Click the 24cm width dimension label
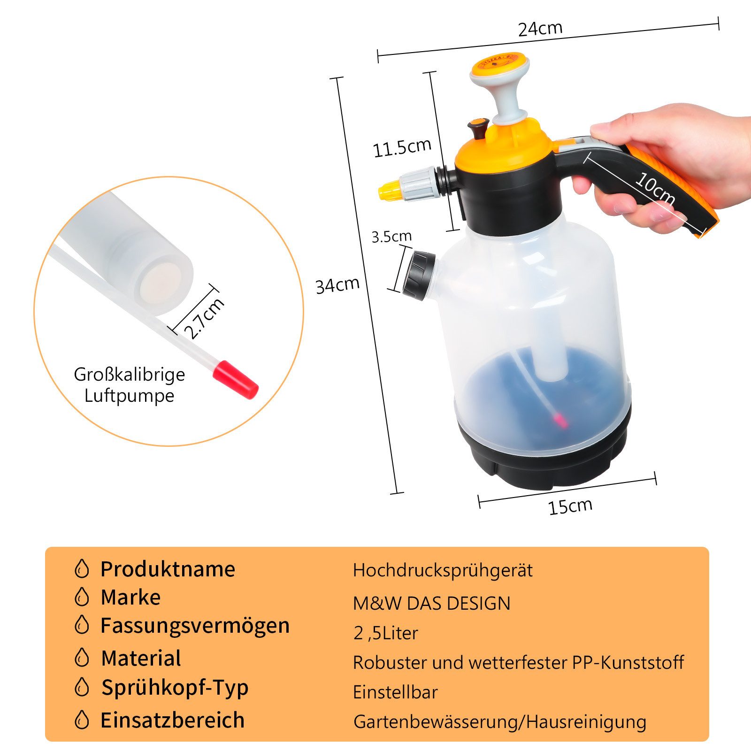coord(540,29)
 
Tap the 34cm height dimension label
coord(337,285)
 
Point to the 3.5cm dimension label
coord(391,236)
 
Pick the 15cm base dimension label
coord(570,506)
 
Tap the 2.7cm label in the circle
coord(204,318)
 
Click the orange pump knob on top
coord(500,66)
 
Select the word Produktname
coord(168,569)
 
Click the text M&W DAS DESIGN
coord(431,603)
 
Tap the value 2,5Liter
coord(386,633)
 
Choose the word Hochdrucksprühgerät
coord(443,570)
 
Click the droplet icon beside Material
coord(82,658)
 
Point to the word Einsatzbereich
coord(172,720)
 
